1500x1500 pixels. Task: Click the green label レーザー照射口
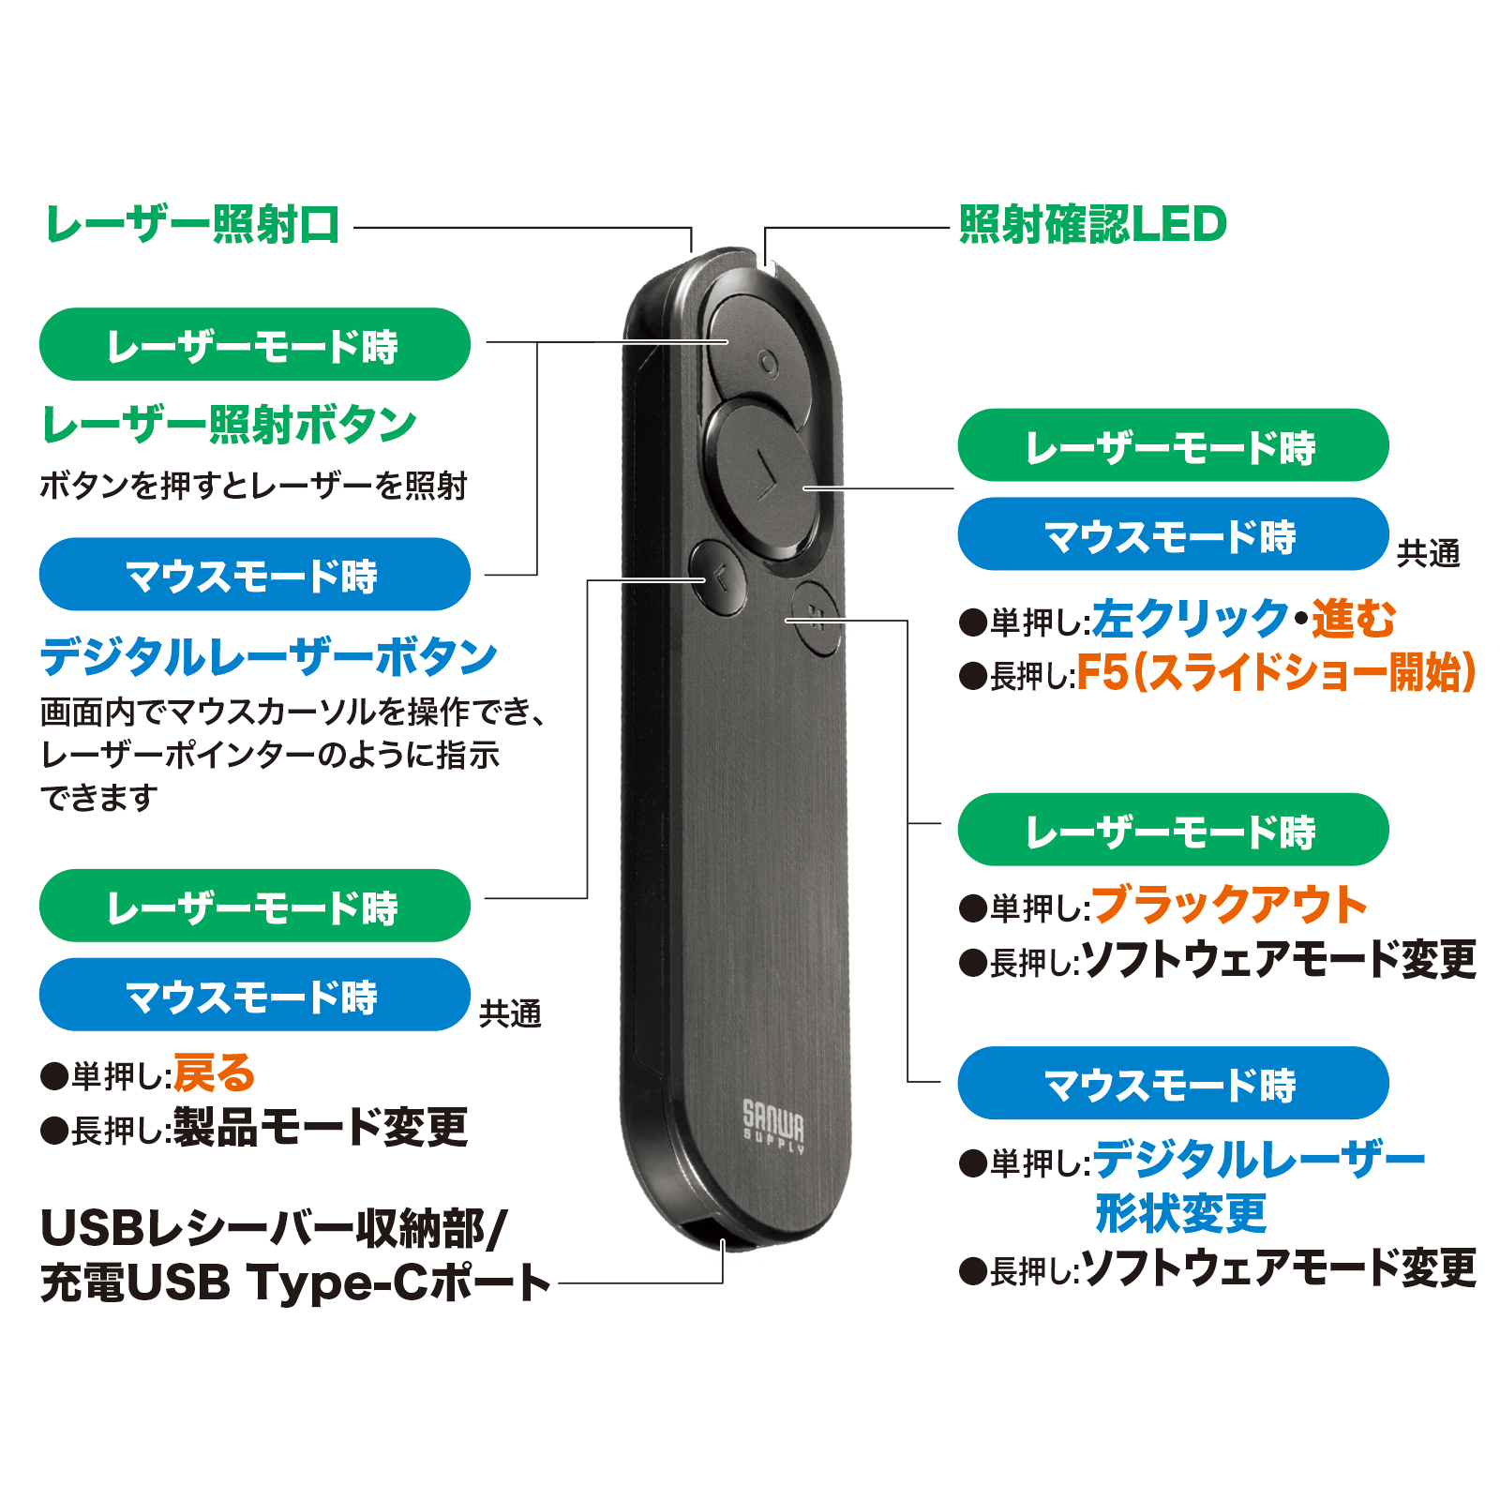click(192, 225)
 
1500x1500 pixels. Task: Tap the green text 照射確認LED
click(1092, 225)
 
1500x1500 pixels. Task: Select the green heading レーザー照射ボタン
click(229, 425)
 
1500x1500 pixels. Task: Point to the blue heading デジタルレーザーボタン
click(268, 656)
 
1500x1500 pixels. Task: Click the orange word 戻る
click(215, 1073)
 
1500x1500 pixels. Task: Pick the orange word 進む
click(1353, 619)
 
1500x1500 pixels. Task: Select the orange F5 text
click(1102, 672)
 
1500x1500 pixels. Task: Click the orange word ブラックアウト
click(1229, 905)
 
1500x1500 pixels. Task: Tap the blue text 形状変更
click(1181, 1214)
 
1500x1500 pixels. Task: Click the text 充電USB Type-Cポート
click(295, 1282)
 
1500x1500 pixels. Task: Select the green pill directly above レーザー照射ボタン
click(254, 344)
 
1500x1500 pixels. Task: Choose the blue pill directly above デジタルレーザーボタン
click(254, 575)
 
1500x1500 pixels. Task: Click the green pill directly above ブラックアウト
click(1173, 830)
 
